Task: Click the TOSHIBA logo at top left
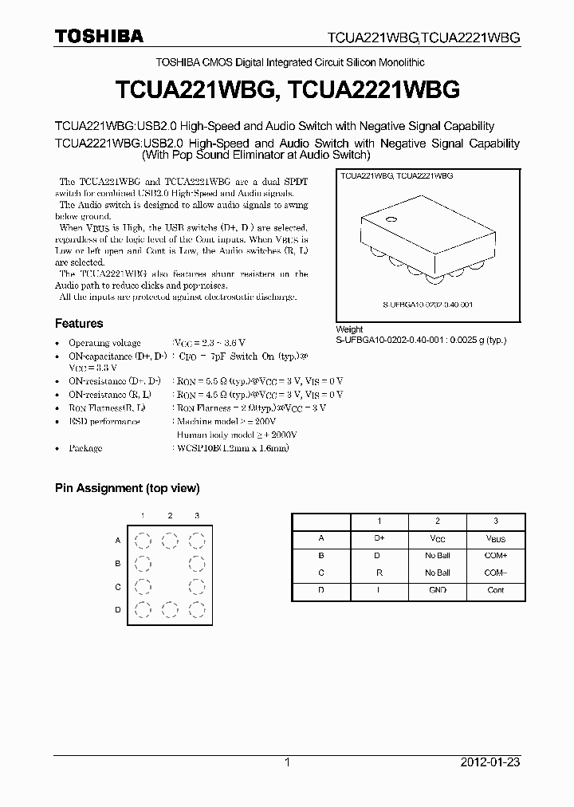99,36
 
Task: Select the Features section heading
79,324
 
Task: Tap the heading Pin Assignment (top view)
127,488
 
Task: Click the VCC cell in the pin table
437,538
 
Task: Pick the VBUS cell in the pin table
495,538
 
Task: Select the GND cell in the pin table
437,590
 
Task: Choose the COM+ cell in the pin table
495,555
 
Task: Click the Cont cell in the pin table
495,590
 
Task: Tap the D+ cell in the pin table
379,538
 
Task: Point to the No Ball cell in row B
437,555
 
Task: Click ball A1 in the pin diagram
142,541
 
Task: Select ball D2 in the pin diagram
169,611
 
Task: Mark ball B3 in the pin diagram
196,565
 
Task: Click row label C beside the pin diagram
118,588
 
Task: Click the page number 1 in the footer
287,762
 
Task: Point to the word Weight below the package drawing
349,329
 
